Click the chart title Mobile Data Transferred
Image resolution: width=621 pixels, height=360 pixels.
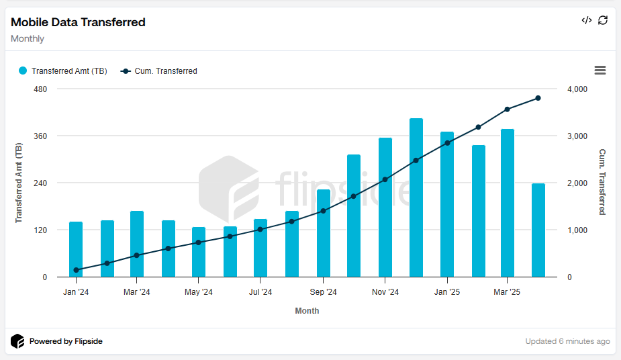click(78, 22)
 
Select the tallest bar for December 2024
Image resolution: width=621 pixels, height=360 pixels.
click(416, 197)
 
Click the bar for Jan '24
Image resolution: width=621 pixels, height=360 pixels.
click(76, 249)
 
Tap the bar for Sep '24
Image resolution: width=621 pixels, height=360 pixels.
click(324, 233)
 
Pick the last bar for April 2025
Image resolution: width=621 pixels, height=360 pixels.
click(538, 230)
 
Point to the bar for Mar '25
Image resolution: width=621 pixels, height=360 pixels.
click(508, 203)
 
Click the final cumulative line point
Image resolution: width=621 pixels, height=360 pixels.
click(538, 98)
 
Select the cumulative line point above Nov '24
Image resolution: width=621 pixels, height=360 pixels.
click(385, 179)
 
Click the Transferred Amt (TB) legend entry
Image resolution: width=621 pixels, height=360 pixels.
click(62, 71)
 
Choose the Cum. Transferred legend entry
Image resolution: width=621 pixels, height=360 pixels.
click(159, 71)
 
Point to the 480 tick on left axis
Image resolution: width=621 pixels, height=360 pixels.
click(40, 89)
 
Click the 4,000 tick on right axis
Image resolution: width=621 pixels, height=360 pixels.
click(577, 89)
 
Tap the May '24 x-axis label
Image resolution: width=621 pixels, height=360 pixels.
click(199, 292)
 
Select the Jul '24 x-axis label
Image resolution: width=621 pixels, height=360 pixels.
click(260, 292)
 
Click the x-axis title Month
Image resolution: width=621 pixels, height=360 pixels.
click(307, 311)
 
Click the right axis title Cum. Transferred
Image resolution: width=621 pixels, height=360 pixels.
click(602, 182)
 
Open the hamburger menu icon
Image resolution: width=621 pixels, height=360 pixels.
click(600, 71)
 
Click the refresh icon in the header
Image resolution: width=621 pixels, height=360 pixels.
click(603, 20)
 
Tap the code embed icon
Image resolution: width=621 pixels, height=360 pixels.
click(586, 20)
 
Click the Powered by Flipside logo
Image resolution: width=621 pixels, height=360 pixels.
click(57, 341)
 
